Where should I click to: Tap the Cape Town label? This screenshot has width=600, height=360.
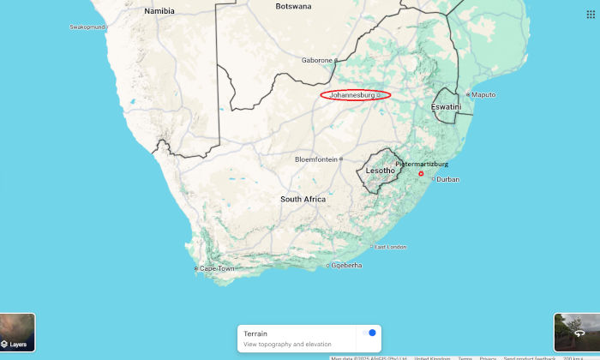pos(217,269)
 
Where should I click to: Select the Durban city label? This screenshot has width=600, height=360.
pos(449,180)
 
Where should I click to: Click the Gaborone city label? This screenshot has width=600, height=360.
pos(316,60)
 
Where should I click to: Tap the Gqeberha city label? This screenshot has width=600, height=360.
pos(347,265)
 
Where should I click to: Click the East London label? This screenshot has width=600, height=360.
pos(390,247)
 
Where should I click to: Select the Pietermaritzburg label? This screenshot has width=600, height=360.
pos(422,164)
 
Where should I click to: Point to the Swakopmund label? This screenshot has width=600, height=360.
pos(87,27)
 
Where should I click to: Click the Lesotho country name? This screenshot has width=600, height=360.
pos(380,171)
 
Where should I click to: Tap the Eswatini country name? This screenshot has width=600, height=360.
pos(446,106)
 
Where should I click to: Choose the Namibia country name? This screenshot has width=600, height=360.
pos(159,11)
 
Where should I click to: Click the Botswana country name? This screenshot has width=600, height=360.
pos(293,6)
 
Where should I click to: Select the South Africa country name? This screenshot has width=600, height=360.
pos(303,199)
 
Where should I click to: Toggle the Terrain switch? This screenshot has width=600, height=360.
pos(369,333)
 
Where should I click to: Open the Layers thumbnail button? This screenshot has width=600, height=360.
pos(18,333)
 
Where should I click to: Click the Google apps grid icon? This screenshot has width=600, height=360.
pos(591,15)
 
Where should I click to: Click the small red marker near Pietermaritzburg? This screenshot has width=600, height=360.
pos(421,174)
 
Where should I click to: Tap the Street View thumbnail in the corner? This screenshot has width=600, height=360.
pos(576,333)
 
